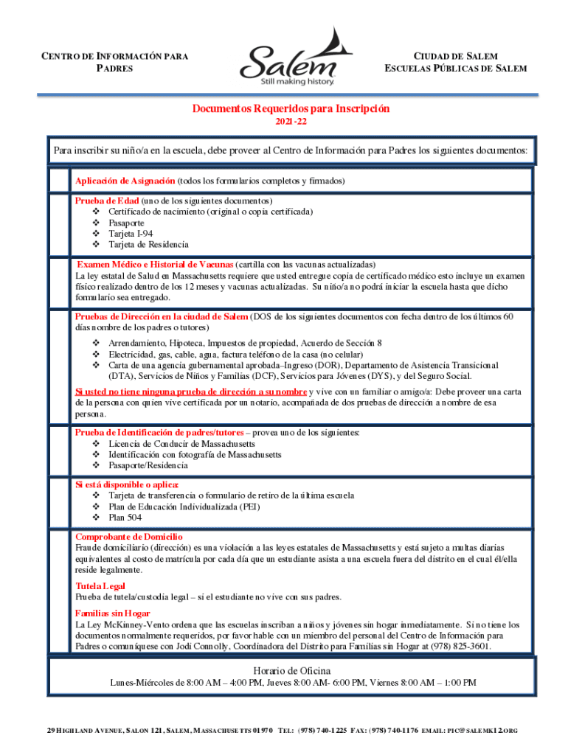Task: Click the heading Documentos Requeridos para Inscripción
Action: coord(291,108)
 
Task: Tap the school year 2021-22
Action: coord(291,121)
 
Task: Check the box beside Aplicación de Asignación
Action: coord(58,180)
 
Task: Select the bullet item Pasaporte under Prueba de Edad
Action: coord(126,222)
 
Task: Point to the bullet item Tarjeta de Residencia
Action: coord(148,244)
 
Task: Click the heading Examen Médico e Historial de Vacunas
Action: coord(156,264)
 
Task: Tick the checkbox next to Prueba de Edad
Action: coord(58,222)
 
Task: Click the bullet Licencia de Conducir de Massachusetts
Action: coord(181,444)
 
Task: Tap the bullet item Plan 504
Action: coord(125,518)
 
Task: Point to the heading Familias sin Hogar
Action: coord(112,613)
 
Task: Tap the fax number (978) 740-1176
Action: coord(394,730)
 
